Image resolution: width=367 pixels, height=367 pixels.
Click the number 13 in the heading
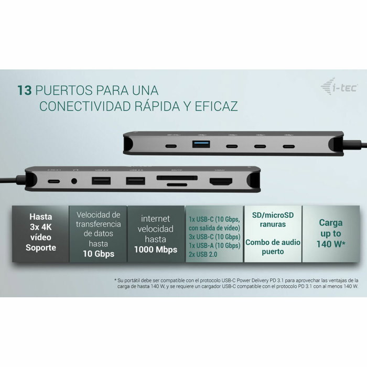[25, 90]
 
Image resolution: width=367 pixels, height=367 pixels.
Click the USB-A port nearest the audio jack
[101, 181]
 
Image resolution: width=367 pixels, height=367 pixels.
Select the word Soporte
[41, 246]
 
